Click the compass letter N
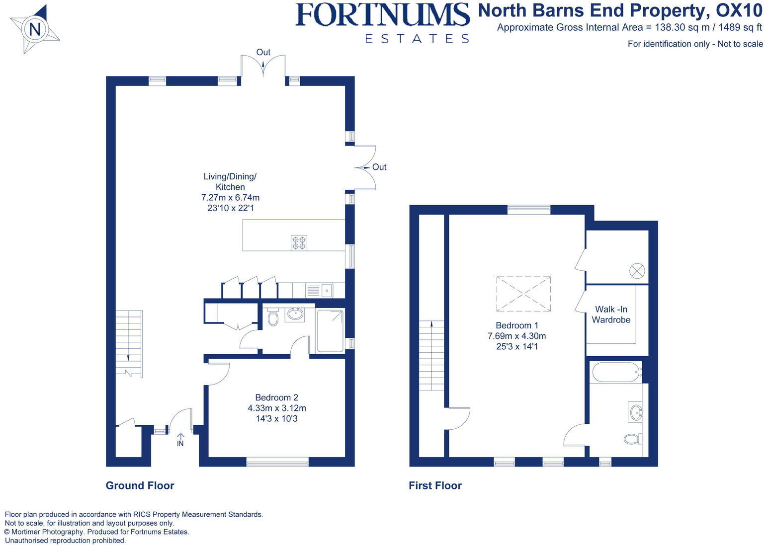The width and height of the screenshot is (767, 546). pyautogui.click(x=35, y=30)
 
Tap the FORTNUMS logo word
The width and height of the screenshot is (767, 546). pyautogui.click(x=382, y=15)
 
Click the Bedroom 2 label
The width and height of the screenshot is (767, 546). pyautogui.click(x=276, y=397)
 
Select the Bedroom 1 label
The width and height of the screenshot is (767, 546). pyautogui.click(x=517, y=325)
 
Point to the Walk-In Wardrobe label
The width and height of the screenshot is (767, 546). pyautogui.click(x=611, y=314)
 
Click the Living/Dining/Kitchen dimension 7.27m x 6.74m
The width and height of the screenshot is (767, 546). pyautogui.click(x=230, y=197)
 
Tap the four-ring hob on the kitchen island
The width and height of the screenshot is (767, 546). pyautogui.click(x=299, y=242)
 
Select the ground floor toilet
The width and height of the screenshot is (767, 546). pyautogui.click(x=273, y=317)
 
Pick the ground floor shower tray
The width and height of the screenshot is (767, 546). pyautogui.click(x=330, y=330)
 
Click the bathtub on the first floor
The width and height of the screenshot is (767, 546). pyautogui.click(x=615, y=372)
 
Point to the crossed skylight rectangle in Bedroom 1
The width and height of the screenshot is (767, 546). pyautogui.click(x=523, y=294)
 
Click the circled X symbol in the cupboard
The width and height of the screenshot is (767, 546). pyautogui.click(x=637, y=271)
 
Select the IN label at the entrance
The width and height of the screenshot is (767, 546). pyautogui.click(x=180, y=443)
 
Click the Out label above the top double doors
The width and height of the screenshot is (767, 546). pyautogui.click(x=263, y=52)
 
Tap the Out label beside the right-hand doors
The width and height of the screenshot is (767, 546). pyautogui.click(x=379, y=167)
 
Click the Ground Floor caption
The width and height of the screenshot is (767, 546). pyautogui.click(x=140, y=485)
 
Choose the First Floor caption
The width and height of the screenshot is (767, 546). pyautogui.click(x=435, y=485)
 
